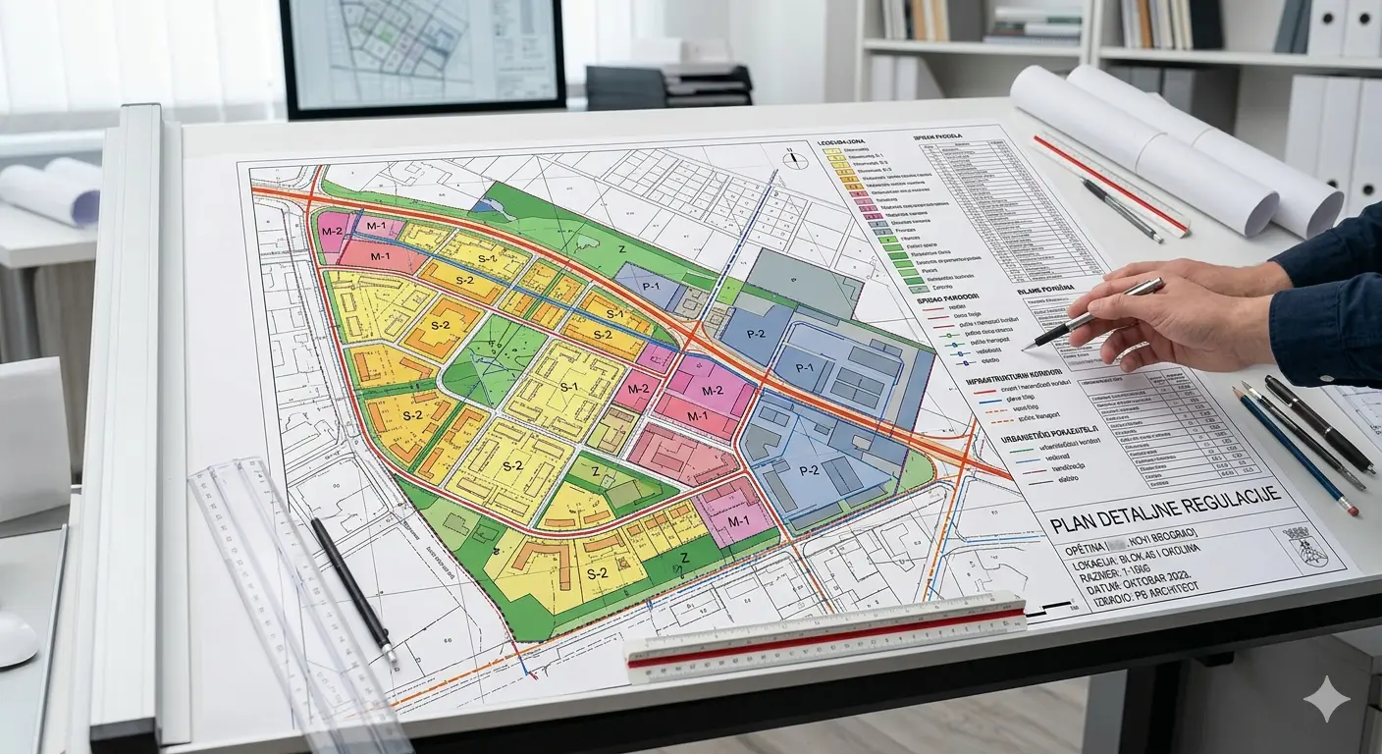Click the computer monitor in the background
422,57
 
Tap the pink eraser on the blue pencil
1355,511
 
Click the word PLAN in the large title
1072,523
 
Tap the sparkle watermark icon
1326,699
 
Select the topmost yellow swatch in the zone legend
836,155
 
